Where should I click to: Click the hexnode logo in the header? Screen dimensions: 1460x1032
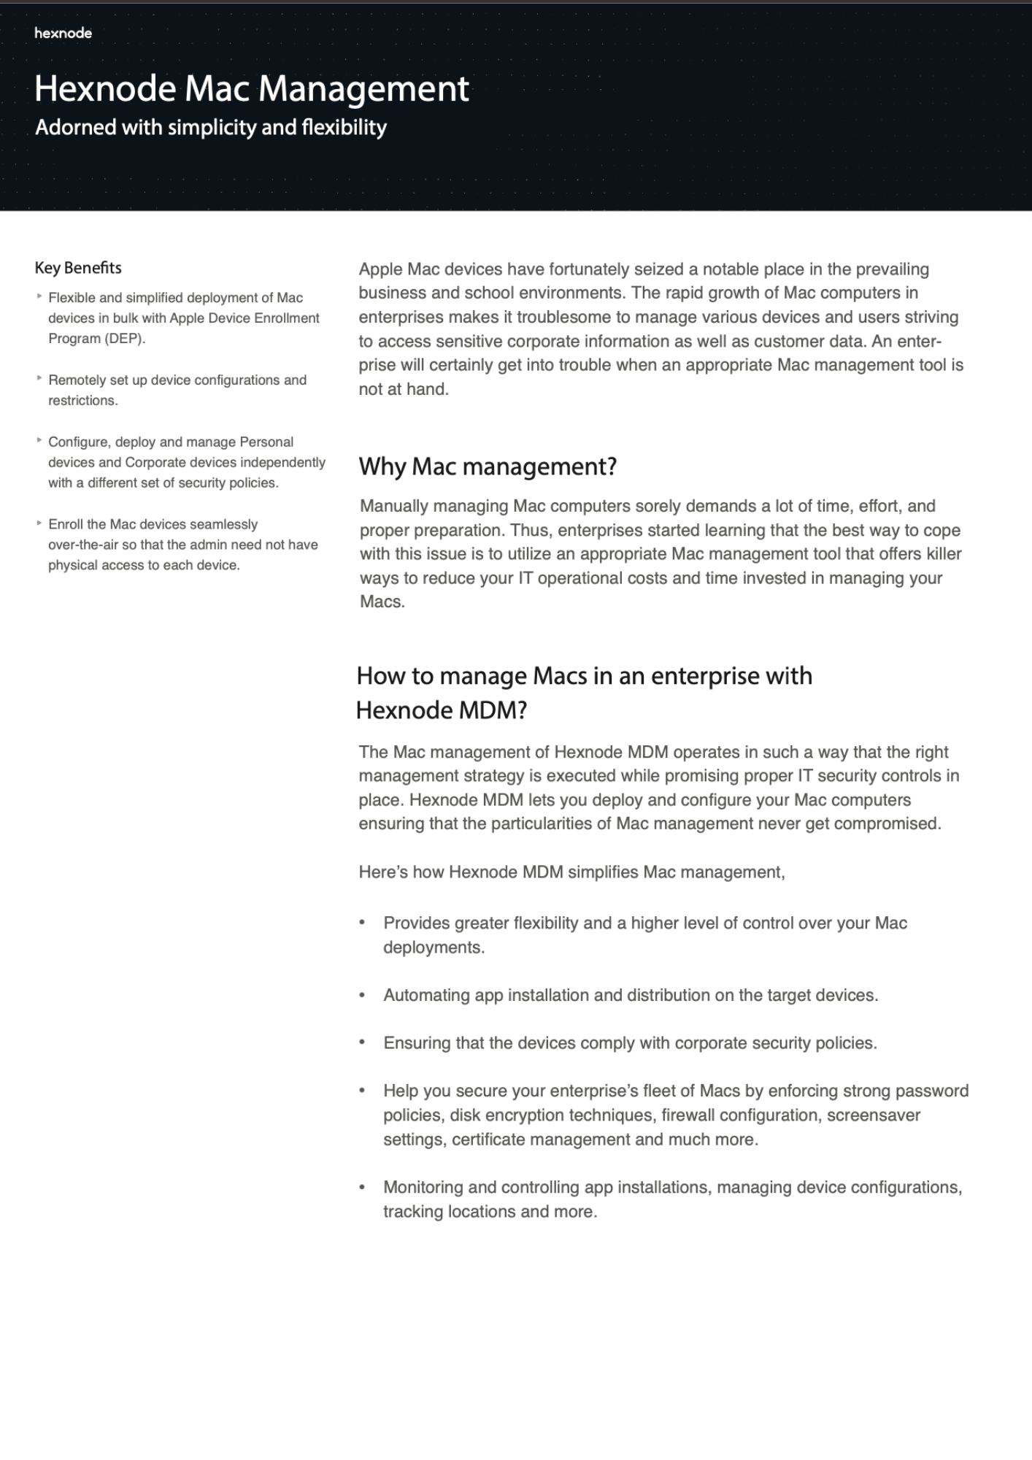(x=63, y=33)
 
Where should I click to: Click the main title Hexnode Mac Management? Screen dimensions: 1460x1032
(x=251, y=89)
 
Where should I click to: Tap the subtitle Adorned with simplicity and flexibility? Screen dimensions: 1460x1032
(x=211, y=128)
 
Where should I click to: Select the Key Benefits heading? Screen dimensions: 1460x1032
(x=78, y=268)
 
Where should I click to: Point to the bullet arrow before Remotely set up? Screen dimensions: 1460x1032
(x=39, y=378)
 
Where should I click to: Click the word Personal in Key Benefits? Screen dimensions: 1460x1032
(x=266, y=442)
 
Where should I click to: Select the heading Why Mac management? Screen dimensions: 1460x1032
(x=488, y=466)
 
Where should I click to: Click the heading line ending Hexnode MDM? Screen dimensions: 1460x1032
(x=441, y=710)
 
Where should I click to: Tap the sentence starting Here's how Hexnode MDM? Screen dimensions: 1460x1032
(x=571, y=872)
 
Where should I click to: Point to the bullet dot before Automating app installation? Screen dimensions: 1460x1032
(x=362, y=995)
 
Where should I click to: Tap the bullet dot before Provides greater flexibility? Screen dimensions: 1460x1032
(x=362, y=923)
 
